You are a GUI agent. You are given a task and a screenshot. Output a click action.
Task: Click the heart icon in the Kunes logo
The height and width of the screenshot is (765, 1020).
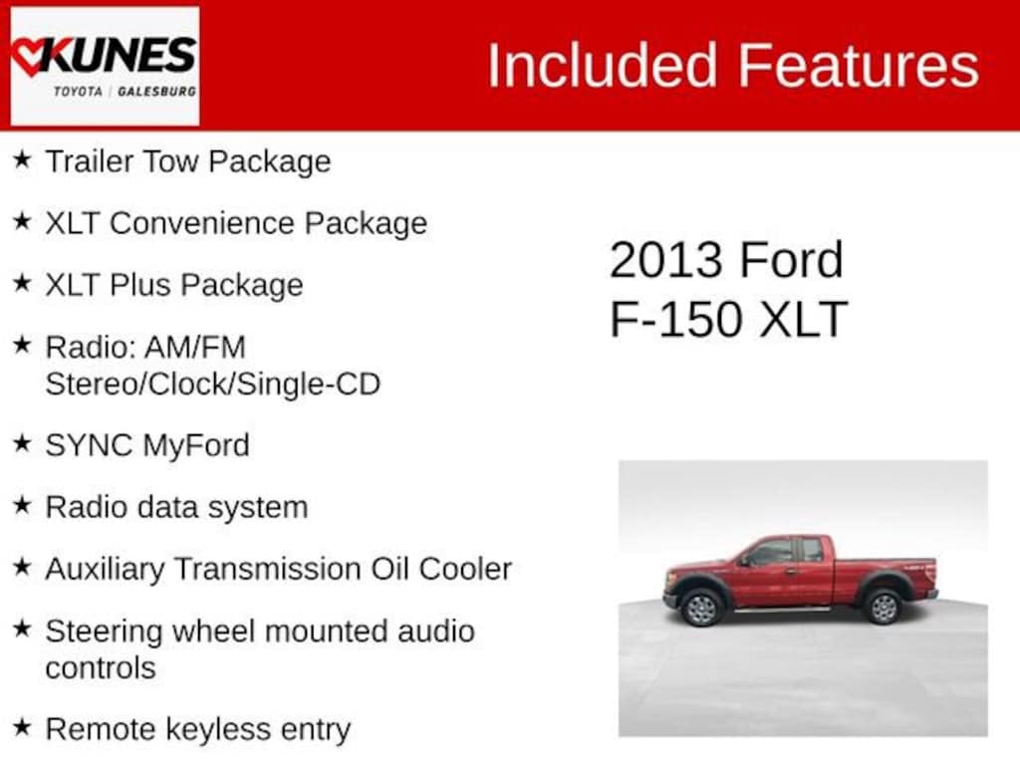[x=32, y=55]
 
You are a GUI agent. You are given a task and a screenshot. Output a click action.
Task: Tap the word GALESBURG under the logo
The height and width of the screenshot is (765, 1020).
[x=156, y=91]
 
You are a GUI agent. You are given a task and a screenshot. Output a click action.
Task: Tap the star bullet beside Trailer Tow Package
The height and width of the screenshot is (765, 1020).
[x=22, y=160]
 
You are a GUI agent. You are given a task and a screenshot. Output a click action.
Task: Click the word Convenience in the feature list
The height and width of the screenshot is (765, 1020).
[x=202, y=223]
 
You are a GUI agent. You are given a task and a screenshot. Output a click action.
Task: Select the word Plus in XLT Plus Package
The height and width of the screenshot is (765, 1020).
[x=140, y=285]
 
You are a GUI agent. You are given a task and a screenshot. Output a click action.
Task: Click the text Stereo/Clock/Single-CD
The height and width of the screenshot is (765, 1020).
[x=212, y=383]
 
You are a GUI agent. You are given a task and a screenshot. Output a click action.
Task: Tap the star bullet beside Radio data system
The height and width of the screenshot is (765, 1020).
[x=22, y=506]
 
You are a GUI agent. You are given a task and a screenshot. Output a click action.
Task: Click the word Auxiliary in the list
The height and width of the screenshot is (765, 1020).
[x=105, y=569]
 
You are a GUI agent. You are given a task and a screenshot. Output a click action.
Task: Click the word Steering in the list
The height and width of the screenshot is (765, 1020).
[x=104, y=632]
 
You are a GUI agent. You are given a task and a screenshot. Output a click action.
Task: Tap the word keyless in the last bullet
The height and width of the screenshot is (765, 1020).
[x=218, y=729]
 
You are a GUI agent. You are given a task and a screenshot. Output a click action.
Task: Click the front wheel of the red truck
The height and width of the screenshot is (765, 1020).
[x=701, y=607]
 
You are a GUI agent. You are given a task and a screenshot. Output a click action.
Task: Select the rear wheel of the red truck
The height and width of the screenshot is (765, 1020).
[x=883, y=606]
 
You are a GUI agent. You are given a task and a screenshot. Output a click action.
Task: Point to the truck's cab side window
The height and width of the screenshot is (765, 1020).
[x=772, y=552]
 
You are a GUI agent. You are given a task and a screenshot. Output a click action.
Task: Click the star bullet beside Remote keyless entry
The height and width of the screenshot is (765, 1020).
[x=22, y=728]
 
